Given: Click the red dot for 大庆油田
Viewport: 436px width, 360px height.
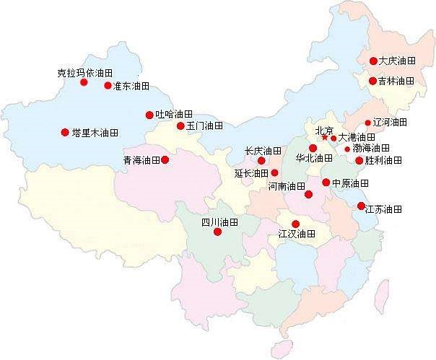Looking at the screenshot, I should tap(373, 61).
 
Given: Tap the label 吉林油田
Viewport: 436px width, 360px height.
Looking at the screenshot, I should tap(397, 82).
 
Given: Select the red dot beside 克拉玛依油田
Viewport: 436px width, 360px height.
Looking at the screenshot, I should tap(84, 82).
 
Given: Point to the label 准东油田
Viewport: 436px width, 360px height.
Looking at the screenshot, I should tap(131, 86).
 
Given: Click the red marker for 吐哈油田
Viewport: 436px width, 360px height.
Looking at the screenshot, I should tap(150, 114).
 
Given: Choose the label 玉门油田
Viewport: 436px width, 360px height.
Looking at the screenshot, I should tap(204, 126).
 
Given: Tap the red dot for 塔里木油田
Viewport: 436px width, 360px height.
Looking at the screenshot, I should tap(65, 132).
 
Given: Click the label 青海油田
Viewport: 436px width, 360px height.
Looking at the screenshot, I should tap(141, 159).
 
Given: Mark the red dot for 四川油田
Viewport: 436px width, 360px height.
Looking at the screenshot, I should tap(217, 232).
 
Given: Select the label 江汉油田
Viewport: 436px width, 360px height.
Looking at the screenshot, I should tap(297, 234).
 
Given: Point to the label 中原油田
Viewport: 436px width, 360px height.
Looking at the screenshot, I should tap(351, 183).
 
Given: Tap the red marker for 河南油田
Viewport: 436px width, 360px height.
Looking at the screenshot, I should tap(309, 194).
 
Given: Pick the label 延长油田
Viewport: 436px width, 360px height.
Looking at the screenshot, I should tap(252, 173).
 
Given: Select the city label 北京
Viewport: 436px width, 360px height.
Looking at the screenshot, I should tap(324, 131).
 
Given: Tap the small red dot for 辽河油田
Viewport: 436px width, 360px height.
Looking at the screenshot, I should tap(367, 123).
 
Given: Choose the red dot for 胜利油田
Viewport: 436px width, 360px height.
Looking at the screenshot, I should tap(359, 160).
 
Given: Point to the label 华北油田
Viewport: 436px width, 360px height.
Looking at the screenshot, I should tap(314, 157).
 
